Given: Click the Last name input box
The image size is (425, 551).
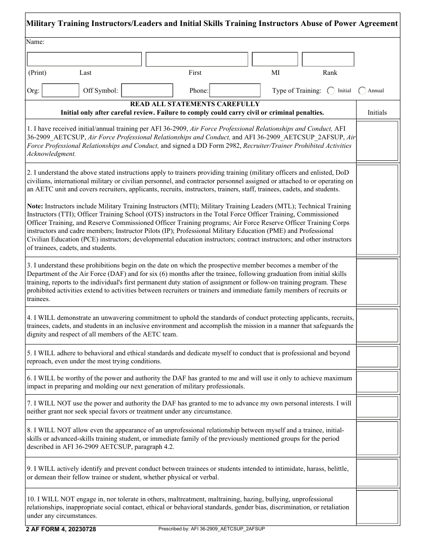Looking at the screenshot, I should pyautogui.click(x=84, y=59).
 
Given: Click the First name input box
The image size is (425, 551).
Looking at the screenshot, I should pyautogui.click(x=197, y=59).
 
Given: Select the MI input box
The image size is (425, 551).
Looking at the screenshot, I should pyautogui.click(x=275, y=59).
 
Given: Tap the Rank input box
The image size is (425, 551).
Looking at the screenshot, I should pyautogui.click(x=328, y=59).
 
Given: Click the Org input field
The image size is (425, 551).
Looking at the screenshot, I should pyautogui.click(x=60, y=90).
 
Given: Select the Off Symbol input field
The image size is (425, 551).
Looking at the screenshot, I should pyautogui.click(x=147, y=90).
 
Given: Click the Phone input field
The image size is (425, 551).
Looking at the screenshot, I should pyautogui.click(x=235, y=90).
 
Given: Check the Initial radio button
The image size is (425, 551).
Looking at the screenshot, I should pyautogui.click(x=331, y=90).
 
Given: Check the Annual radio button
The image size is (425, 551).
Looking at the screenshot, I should pyautogui.click(x=362, y=90).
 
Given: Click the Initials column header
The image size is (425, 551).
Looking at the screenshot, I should pyautogui.click(x=377, y=112).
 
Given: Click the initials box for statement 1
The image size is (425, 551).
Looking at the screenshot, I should pyautogui.click(x=377, y=141).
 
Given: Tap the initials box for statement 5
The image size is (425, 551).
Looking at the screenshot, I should pyautogui.click(x=377, y=357).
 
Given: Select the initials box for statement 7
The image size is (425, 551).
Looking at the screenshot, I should pyautogui.click(x=377, y=407).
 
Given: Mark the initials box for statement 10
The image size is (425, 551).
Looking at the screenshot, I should pyautogui.click(x=377, y=507).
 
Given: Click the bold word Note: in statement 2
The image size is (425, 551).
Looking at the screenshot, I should pyautogui.click(x=35, y=206).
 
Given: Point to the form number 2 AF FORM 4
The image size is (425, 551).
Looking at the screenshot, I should pyautogui.click(x=61, y=529).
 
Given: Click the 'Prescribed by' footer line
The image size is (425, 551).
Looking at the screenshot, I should pyautogui.click(x=212, y=529).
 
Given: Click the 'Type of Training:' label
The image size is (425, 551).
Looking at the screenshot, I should pyautogui.click(x=297, y=90).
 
